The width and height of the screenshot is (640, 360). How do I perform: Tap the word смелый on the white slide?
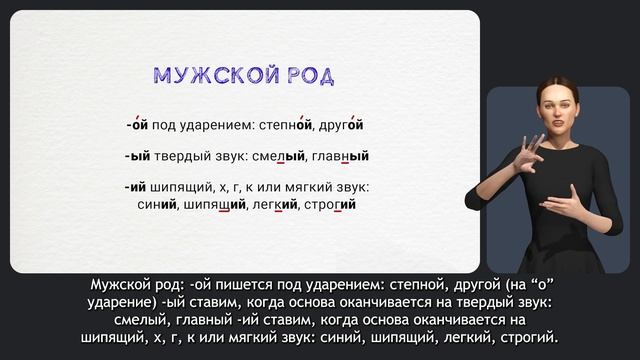click(x=280, y=156)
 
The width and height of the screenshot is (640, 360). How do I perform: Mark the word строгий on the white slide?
click(x=332, y=204)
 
